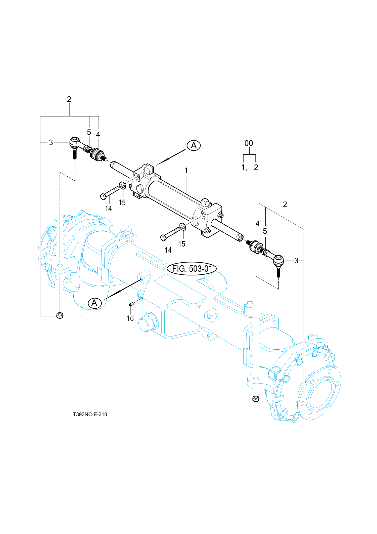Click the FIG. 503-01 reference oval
pos(192,269)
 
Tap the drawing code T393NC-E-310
pos(90,414)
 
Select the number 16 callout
pos(130,318)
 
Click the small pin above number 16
pos(131,305)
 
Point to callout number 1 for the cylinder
pos(186,171)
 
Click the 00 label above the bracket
pos(249,143)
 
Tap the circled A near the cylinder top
pos(194,145)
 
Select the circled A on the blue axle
pos(95,303)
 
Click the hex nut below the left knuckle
pos(60,315)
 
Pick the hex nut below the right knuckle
pos(256,398)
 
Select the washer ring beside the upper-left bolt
pos(123,185)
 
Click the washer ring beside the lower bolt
pos(183,226)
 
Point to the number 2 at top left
pos(69,99)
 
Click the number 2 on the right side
pos(285,204)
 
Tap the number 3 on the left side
pos(51,142)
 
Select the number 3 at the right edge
pos(296,261)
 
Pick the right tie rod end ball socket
pos(278,261)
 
